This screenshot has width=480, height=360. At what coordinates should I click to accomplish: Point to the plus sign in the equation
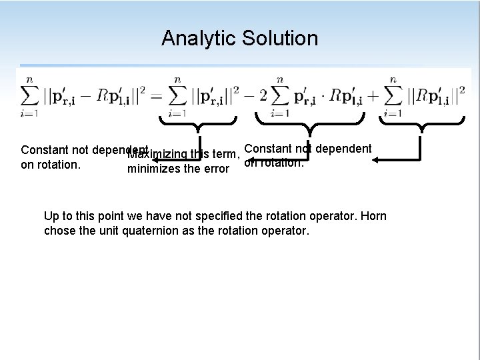coord(372,96)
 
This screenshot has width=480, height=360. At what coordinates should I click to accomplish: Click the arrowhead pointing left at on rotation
coord(377,161)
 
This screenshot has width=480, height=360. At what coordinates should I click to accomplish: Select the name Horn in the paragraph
coord(373,216)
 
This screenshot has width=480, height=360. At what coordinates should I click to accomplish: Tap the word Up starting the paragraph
coord(51,216)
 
